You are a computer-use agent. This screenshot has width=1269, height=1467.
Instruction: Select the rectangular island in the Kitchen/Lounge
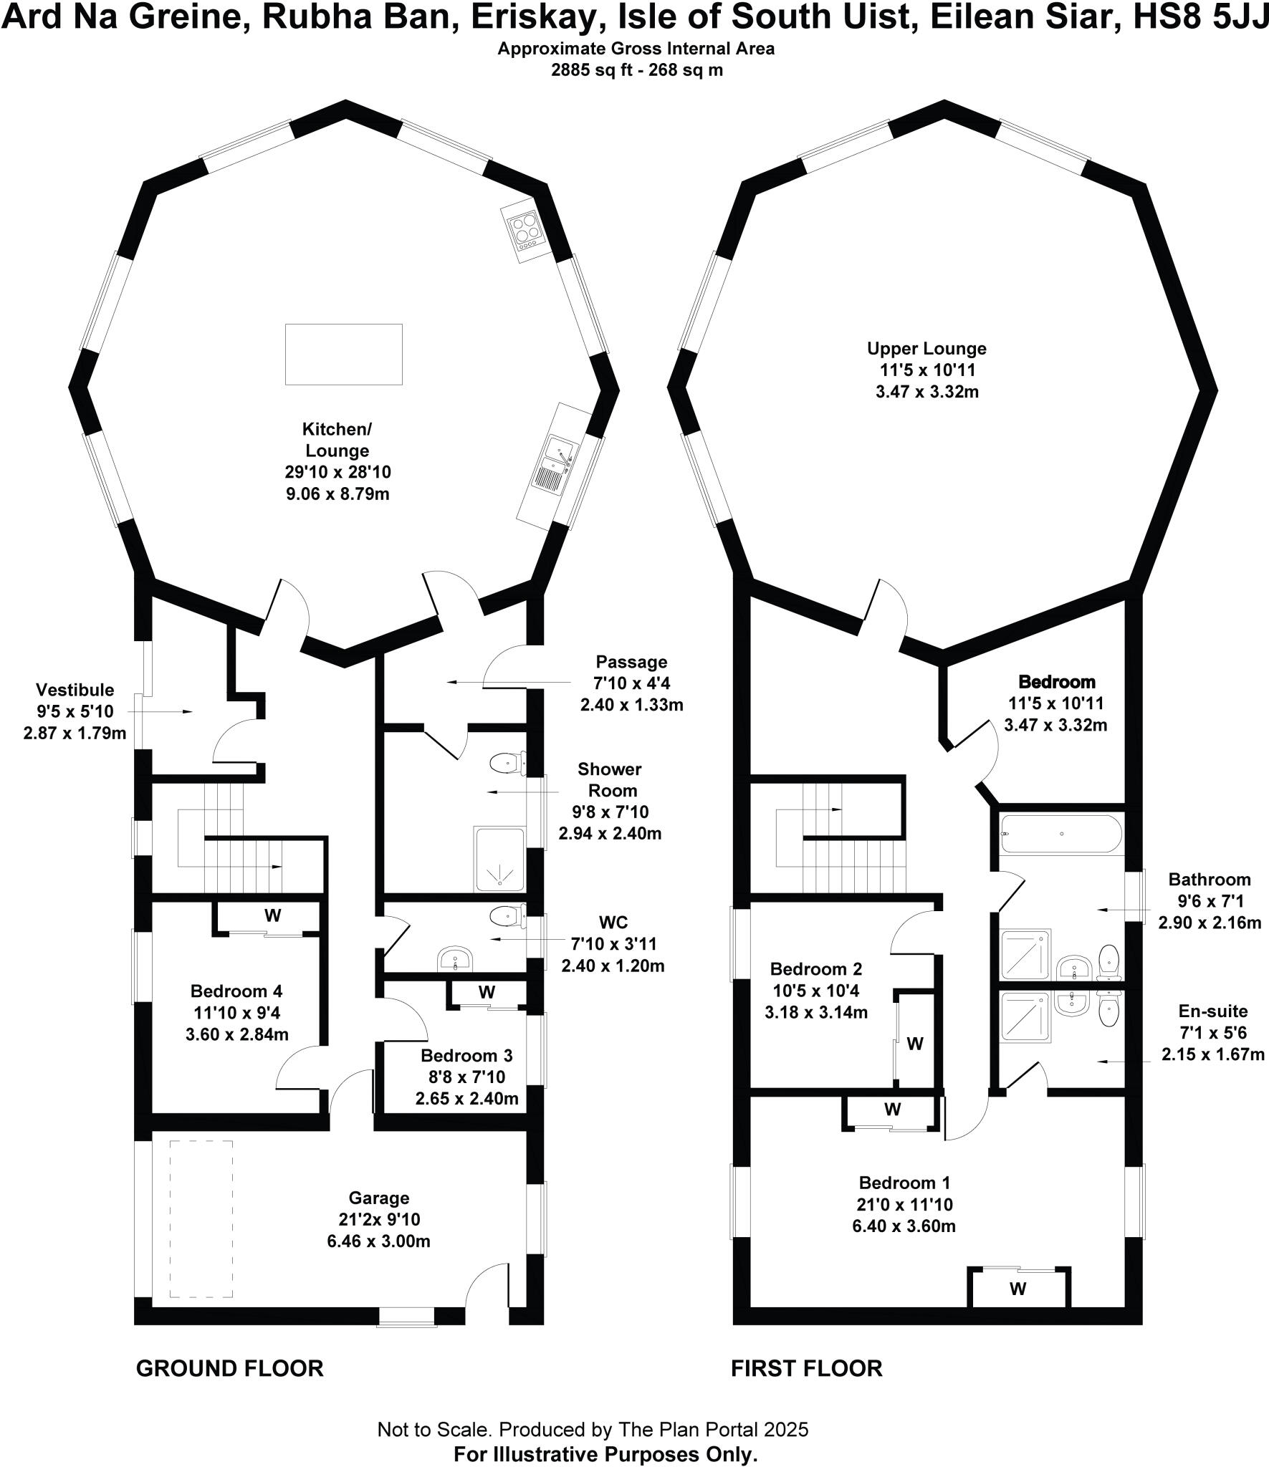344,354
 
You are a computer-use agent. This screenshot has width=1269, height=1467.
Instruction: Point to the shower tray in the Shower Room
499,859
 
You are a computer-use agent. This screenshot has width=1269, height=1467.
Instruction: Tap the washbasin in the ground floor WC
455,958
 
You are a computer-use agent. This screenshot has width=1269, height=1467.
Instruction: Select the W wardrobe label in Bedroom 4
272,915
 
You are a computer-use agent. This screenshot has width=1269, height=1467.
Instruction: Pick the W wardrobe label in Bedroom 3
487,992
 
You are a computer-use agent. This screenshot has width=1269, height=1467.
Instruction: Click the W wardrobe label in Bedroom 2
915,1044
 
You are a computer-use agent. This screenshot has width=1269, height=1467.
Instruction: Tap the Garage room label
379,1197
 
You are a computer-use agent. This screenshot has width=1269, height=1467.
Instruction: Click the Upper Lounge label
926,349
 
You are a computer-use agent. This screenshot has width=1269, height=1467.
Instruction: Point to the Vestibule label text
75,690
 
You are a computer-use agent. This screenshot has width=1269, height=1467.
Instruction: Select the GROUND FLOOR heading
229,1368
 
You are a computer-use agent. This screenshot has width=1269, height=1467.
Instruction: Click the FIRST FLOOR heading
806,1368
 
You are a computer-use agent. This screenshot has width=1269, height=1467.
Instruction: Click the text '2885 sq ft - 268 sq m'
636,70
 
